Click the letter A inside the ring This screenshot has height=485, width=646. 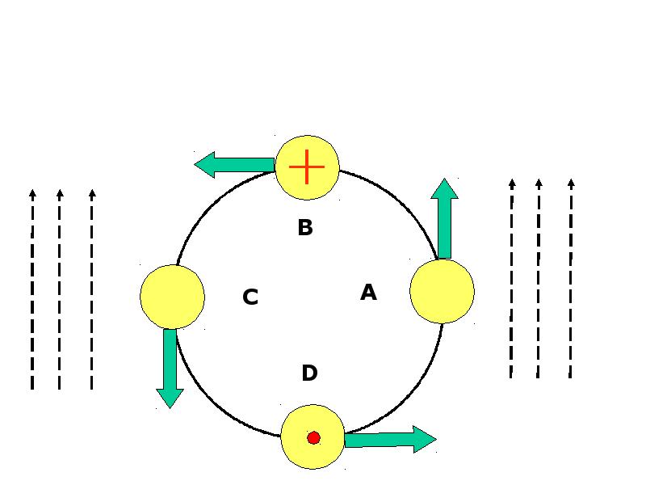(368, 293)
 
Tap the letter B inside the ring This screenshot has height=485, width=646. (305, 227)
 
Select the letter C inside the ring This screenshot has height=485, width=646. (250, 297)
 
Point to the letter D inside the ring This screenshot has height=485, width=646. (310, 373)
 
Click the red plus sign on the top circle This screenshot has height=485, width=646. (307, 167)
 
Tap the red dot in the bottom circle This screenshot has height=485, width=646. (313, 437)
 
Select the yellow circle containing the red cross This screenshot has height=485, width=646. (308, 167)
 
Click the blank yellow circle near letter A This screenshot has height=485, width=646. (442, 291)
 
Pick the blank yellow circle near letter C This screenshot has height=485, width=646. (172, 297)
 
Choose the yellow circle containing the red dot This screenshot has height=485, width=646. (313, 436)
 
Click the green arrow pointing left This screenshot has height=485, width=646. (234, 165)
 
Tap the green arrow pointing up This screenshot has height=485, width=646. (445, 218)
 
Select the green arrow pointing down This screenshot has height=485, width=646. (170, 369)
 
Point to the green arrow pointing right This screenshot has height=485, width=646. (390, 440)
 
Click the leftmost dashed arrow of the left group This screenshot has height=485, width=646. (32, 289)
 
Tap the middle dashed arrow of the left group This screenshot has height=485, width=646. (60, 289)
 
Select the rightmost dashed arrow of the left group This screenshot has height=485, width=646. (92, 289)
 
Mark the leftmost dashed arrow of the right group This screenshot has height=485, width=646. (511, 278)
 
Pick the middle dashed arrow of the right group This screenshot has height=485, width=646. (539, 278)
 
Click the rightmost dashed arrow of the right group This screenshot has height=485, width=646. (571, 278)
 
